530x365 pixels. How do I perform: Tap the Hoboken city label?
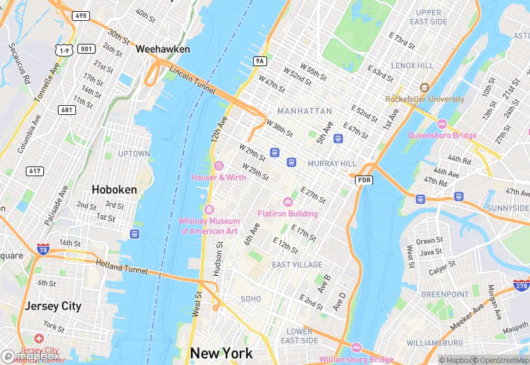(x=114, y=189)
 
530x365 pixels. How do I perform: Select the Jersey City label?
(x=53, y=306)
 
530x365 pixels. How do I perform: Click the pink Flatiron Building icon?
(x=287, y=202)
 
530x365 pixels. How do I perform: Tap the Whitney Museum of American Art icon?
(x=209, y=210)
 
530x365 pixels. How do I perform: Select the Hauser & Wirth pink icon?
(x=219, y=166)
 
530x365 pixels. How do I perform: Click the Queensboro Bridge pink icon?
(x=441, y=124)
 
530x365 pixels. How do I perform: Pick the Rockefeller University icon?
(x=424, y=88)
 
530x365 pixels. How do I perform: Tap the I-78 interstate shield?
(x=45, y=248)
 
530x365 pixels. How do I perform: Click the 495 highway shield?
(x=81, y=15)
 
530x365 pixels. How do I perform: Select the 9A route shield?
(x=260, y=61)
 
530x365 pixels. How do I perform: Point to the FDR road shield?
(x=363, y=180)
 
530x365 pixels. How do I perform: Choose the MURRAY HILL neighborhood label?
(x=332, y=164)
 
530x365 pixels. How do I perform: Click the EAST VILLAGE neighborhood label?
(x=297, y=265)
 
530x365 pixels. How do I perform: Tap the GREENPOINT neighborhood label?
(x=445, y=295)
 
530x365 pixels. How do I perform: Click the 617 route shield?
(x=34, y=171)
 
